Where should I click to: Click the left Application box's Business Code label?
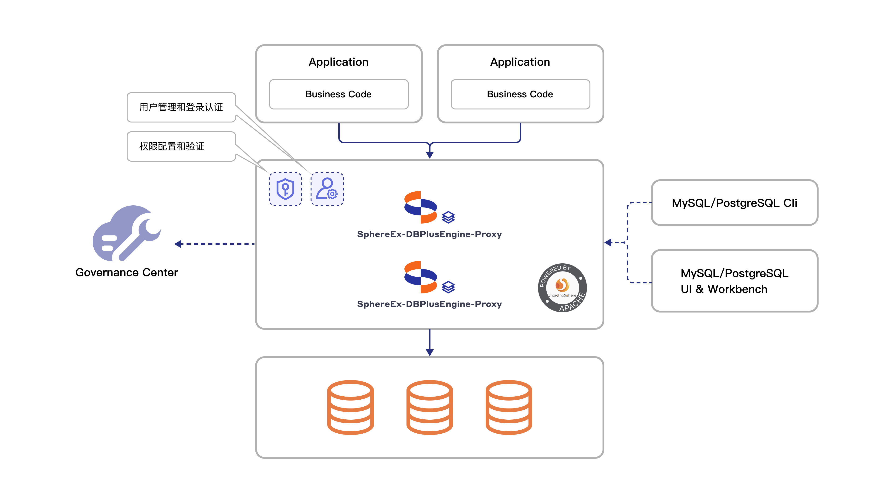[x=338, y=94]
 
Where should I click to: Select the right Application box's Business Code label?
[x=520, y=94]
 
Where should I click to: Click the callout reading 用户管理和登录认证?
[x=181, y=107]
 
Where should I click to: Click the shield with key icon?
[x=285, y=189]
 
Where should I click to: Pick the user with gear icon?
[x=327, y=189]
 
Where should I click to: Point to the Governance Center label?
[x=127, y=272]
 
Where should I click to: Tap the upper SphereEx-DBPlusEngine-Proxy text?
[x=429, y=234]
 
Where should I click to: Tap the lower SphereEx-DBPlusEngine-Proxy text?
[x=429, y=304]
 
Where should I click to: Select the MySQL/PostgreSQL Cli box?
[x=734, y=203]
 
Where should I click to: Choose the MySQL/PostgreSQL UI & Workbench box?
[x=734, y=281]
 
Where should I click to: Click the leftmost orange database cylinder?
[x=351, y=408]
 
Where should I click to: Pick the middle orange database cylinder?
[x=430, y=408]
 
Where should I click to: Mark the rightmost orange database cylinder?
[x=509, y=408]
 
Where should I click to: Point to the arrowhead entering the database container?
[x=430, y=352]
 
